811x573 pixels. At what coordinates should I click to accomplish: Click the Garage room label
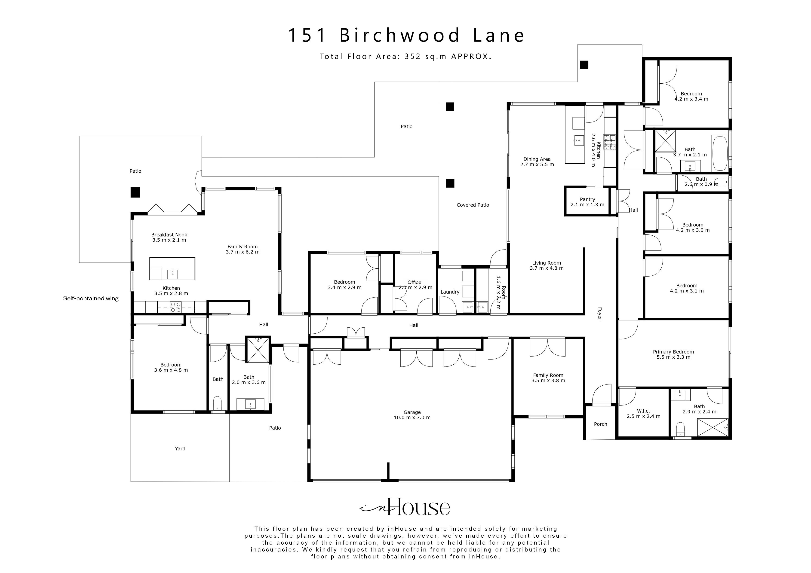click(x=412, y=415)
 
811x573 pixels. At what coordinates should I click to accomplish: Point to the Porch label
click(x=600, y=424)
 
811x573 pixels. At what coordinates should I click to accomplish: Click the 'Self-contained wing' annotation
click(x=91, y=298)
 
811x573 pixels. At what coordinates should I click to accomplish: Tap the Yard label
click(x=180, y=448)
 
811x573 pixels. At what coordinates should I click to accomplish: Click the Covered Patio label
click(x=473, y=205)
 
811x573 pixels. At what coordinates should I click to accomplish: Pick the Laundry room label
click(x=450, y=292)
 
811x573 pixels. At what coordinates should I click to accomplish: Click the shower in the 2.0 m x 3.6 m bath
click(x=258, y=350)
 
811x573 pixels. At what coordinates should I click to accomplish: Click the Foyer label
click(x=599, y=314)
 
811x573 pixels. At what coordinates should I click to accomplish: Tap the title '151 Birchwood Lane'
click(x=406, y=35)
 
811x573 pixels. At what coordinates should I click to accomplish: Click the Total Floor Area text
click(x=405, y=56)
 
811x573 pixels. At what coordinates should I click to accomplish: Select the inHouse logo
click(x=405, y=507)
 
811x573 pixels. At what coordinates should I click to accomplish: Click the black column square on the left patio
click(x=135, y=192)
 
